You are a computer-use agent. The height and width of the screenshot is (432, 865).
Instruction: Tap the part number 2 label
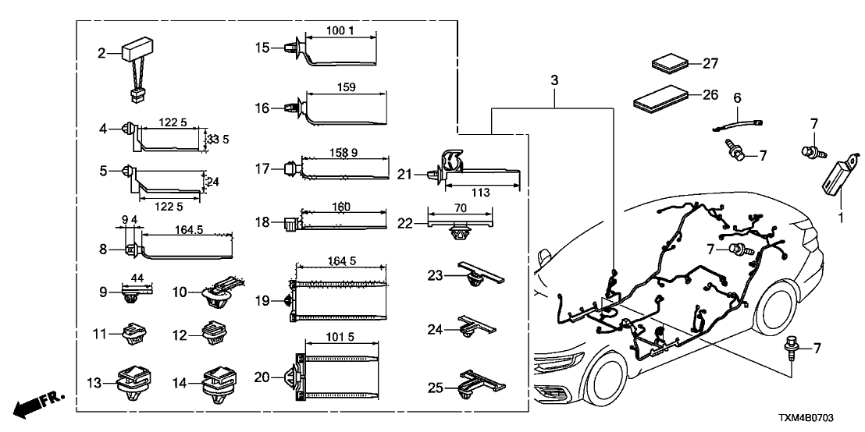tap(101, 54)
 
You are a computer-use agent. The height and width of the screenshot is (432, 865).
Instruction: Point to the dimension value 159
tap(344, 88)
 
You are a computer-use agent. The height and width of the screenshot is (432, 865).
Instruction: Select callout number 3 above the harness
tap(554, 80)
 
